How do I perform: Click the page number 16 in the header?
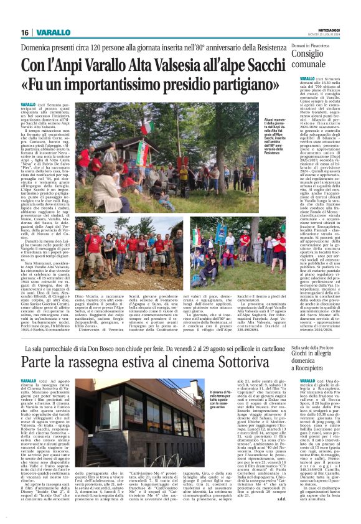pyautogui.click(x=25, y=32)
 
